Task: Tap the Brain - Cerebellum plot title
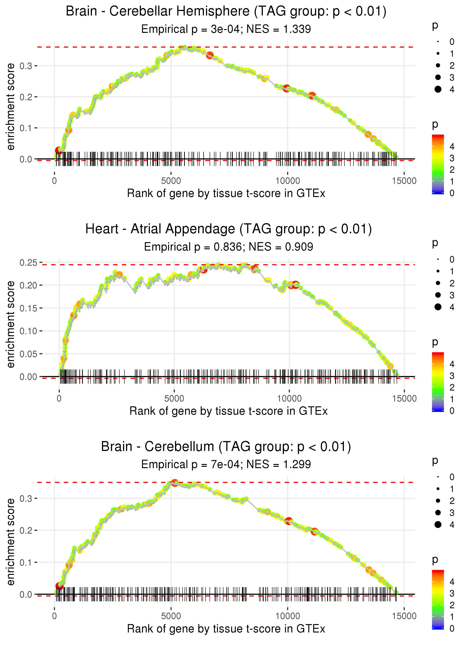[x=226, y=447]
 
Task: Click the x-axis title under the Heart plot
[x=228, y=411]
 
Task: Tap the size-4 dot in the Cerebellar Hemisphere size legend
[x=438, y=89]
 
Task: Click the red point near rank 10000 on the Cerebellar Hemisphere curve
[x=286, y=88]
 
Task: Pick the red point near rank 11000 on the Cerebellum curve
[x=314, y=532]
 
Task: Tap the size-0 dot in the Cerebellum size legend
[x=438, y=477]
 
